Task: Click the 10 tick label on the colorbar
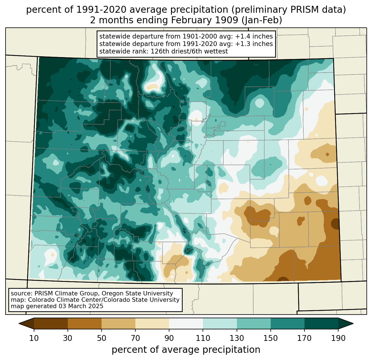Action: tap(34, 338)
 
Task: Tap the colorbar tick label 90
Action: tap(169, 338)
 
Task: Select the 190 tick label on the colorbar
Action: tap(338, 338)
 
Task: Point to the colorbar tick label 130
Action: tap(237, 338)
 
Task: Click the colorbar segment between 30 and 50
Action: tap(85, 323)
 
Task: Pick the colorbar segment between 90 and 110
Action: tap(186, 323)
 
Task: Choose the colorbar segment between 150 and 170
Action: tap(287, 323)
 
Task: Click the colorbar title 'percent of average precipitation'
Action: tap(186, 350)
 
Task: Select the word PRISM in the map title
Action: tap(296, 10)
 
